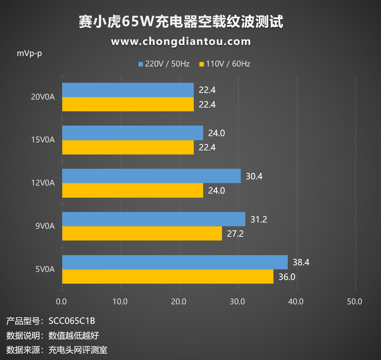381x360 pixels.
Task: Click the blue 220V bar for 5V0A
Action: (174, 262)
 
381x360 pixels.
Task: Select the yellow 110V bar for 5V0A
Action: (167, 277)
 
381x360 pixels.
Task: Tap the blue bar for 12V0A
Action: (151, 176)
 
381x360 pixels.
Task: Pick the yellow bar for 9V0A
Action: (142, 234)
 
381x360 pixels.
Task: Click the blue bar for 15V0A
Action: (132, 133)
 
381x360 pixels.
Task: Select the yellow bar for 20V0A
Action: (127, 104)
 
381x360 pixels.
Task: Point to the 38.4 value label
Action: (301, 262)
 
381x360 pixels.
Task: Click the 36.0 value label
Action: (287, 277)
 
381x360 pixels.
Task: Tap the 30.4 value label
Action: (254, 176)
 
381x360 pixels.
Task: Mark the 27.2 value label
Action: (235, 234)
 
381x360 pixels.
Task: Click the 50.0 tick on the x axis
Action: (354, 302)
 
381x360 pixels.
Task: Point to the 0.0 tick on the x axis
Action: (61, 302)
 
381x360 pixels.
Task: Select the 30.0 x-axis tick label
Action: (237, 302)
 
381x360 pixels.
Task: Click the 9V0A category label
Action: (45, 226)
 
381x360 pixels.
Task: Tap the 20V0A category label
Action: (43, 97)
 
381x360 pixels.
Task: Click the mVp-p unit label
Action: (29, 54)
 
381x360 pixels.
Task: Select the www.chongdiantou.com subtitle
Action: (180, 41)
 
